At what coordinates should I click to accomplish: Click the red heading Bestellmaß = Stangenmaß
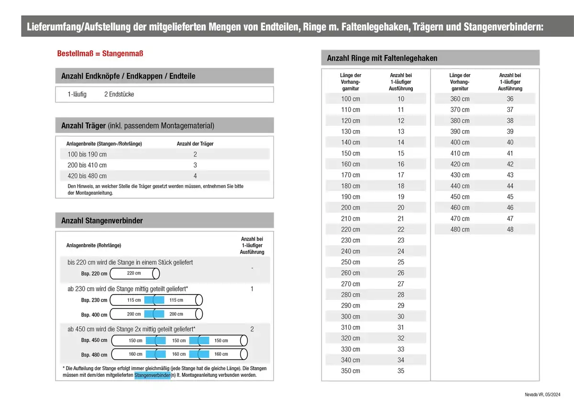coord(100,53)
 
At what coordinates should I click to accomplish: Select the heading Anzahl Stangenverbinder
coord(102,220)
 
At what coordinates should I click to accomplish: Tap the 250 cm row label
coord(350,262)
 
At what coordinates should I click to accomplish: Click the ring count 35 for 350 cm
coord(401,371)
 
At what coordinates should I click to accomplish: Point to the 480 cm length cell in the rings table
coord(460,230)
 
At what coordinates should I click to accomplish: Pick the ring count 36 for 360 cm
coord(510,99)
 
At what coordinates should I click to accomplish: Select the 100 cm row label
coord(350,99)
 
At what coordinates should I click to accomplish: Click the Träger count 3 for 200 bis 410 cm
coord(195,165)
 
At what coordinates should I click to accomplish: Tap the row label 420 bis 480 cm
coord(87,176)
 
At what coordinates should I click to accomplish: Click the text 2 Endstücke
coord(119,94)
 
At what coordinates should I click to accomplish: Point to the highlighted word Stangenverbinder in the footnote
coord(153,375)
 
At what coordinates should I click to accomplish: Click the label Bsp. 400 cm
coord(94,315)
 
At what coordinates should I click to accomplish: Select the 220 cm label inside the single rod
coord(134,274)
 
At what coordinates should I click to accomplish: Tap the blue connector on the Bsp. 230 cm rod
coord(155,300)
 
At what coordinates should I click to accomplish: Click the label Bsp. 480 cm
coord(94,355)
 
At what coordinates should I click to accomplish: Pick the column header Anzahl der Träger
coord(195,143)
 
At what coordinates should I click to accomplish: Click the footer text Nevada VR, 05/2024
coord(542,395)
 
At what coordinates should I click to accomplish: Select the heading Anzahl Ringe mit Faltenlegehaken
coord(382,58)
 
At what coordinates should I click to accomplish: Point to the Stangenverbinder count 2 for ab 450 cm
coord(252,329)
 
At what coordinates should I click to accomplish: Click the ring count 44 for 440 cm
coord(510,186)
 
